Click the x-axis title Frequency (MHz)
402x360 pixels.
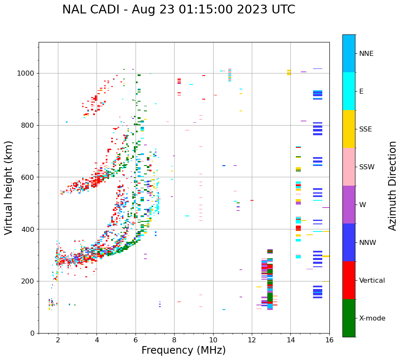[x=183, y=350]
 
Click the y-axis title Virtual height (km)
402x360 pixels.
[x=9, y=188]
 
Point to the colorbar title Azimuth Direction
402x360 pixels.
[x=392, y=186]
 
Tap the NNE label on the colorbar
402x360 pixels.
[x=366, y=54]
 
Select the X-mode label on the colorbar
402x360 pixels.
[x=372, y=318]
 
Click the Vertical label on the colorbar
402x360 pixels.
[x=372, y=281]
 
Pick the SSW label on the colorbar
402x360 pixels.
[x=366, y=167]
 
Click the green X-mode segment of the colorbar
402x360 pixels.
[x=349, y=318]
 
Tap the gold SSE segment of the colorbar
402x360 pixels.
[x=349, y=129]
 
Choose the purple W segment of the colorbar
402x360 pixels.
[x=349, y=205]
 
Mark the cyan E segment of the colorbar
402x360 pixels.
[x=349, y=91]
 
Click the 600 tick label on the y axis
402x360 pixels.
[x=28, y=177]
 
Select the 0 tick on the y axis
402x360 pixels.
[x=33, y=333]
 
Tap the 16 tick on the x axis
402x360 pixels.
[x=329, y=340]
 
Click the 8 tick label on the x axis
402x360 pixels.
[x=174, y=340]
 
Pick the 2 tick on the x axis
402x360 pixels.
[x=58, y=340]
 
